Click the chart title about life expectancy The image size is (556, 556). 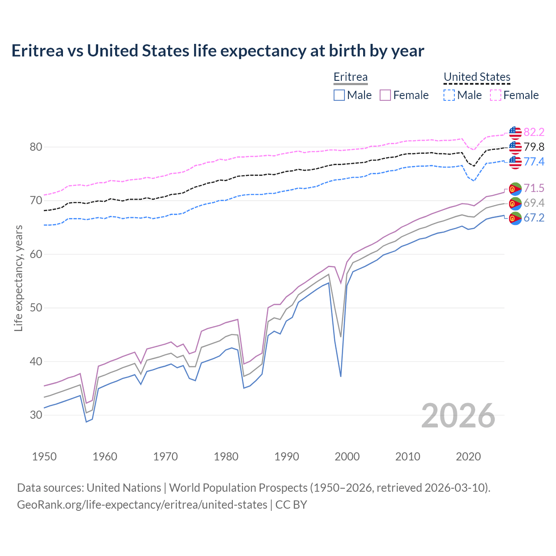(218, 51)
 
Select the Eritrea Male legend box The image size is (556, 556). (339, 95)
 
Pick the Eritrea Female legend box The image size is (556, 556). (386, 95)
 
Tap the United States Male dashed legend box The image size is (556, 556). (449, 95)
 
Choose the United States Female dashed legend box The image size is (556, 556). (496, 95)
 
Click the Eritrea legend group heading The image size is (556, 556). (351, 77)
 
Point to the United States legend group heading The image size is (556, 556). (477, 77)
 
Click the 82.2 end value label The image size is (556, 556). (534, 132)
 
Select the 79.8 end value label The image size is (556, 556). (534, 147)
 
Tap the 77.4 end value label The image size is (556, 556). (534, 162)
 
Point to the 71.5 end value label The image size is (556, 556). (534, 188)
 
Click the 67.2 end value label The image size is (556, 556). (534, 218)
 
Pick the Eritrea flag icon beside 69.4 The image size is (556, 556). (515, 203)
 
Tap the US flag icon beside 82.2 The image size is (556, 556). (515, 132)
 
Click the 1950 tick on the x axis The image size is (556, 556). (44, 457)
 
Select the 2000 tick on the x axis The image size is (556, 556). (347, 457)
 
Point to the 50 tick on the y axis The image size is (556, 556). (36, 308)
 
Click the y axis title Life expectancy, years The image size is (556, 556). (18, 278)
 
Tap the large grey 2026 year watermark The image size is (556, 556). (458, 416)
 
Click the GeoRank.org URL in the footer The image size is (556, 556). (142, 505)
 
